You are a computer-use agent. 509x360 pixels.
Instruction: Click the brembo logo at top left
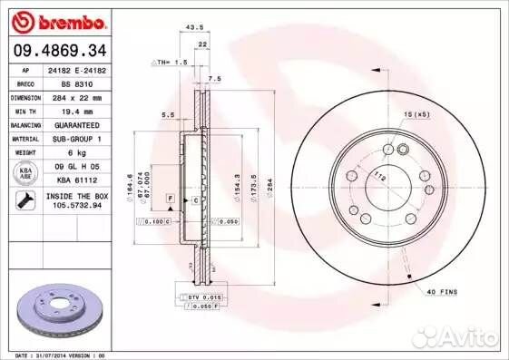56,20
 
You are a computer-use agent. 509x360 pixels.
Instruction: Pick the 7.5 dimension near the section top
213,79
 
